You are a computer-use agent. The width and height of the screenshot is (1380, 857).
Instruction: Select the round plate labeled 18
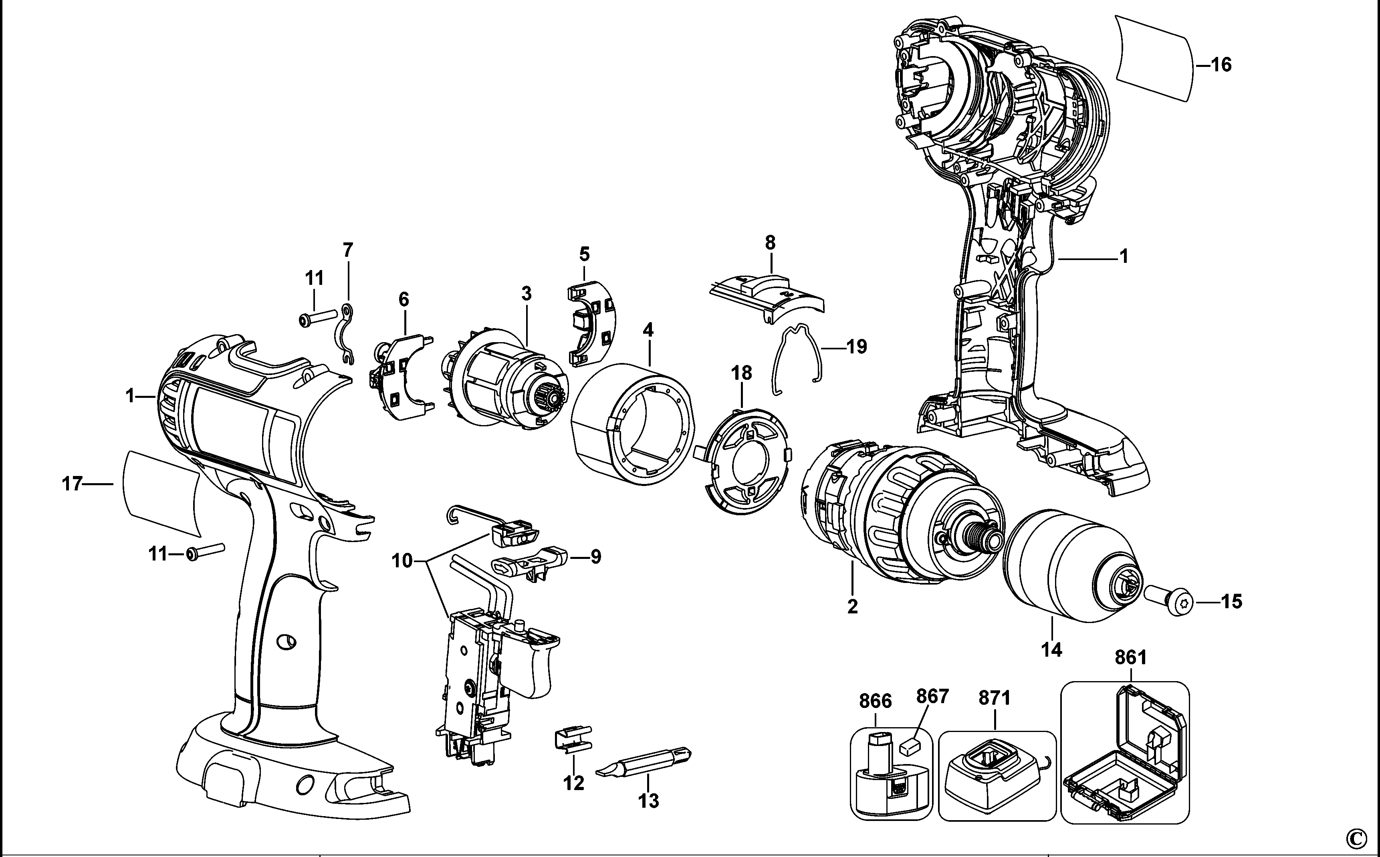pos(743,462)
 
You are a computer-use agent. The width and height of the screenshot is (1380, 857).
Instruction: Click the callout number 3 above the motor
pos(527,294)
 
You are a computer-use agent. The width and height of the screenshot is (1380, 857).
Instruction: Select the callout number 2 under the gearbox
pos(852,607)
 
